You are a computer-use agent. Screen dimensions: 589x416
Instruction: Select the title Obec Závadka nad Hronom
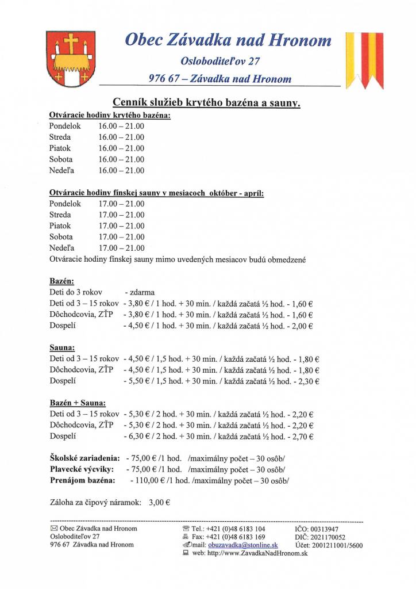[229, 40]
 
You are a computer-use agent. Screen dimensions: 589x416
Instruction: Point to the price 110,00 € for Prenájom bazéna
[147, 480]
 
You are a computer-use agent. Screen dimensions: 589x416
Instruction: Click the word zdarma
[140, 292]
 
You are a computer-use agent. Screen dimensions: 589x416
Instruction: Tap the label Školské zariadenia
[84, 458]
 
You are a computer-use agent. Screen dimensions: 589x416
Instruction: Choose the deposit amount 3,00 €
[159, 502]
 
